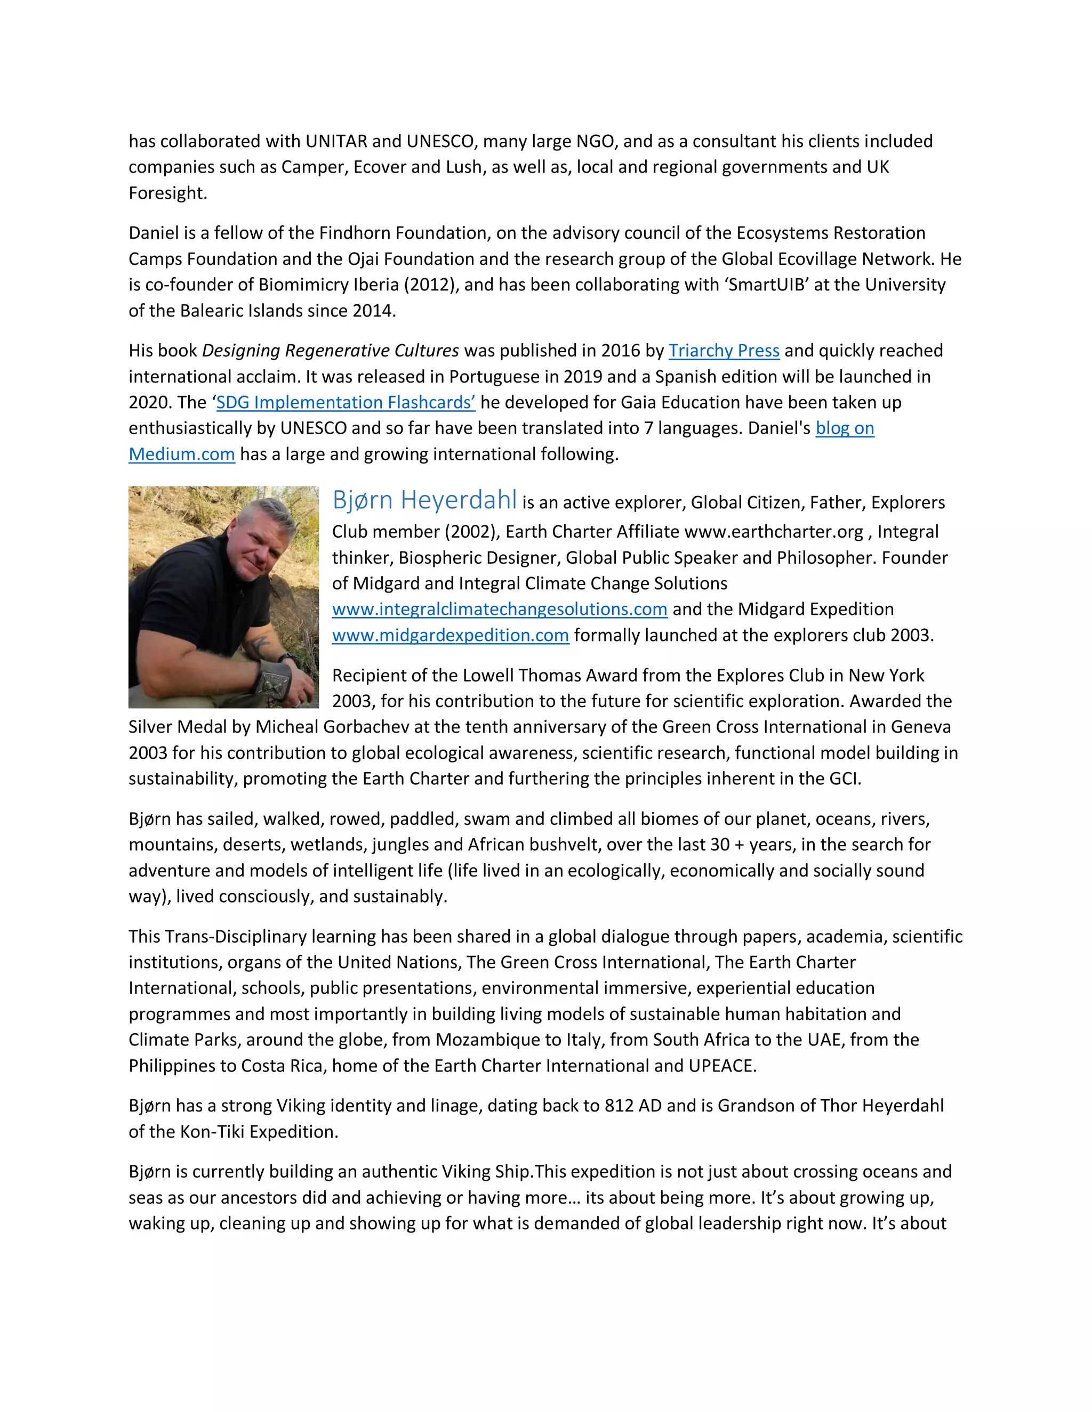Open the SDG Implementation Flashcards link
tap(346, 402)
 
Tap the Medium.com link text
tap(182, 454)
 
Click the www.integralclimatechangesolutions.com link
tap(500, 609)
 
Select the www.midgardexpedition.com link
tap(450, 635)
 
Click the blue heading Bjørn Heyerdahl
tap(424, 500)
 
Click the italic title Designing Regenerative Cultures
tap(331, 351)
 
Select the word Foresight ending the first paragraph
tap(166, 193)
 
